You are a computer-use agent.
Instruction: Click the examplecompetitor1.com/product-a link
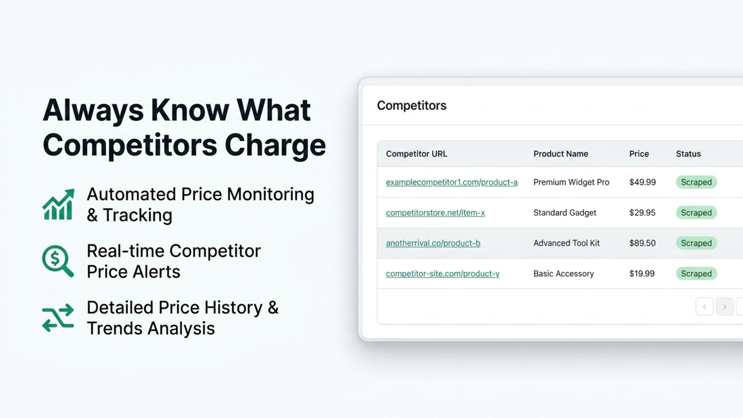click(452, 182)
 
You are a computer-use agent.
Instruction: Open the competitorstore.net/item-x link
click(435, 213)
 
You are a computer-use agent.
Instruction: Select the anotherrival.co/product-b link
click(433, 243)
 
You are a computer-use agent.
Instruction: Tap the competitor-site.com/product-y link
click(443, 274)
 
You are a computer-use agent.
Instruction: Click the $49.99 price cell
click(643, 182)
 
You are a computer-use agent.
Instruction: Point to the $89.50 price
click(643, 243)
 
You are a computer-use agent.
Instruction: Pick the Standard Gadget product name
click(565, 213)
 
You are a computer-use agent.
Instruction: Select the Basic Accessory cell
click(564, 274)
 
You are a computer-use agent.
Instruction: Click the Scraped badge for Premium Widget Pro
click(696, 182)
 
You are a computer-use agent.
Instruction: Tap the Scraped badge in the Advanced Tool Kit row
click(696, 243)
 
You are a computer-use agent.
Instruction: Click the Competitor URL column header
click(416, 154)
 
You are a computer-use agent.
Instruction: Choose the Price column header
click(639, 154)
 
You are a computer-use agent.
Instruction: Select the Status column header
click(688, 154)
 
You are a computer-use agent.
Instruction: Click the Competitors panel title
click(411, 105)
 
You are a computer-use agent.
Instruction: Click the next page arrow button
click(724, 307)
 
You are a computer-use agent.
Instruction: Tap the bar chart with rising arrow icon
click(59, 204)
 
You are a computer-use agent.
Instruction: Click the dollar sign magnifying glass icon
click(58, 261)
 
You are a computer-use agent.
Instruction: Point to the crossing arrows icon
click(58, 318)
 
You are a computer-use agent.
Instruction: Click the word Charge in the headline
click(275, 145)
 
